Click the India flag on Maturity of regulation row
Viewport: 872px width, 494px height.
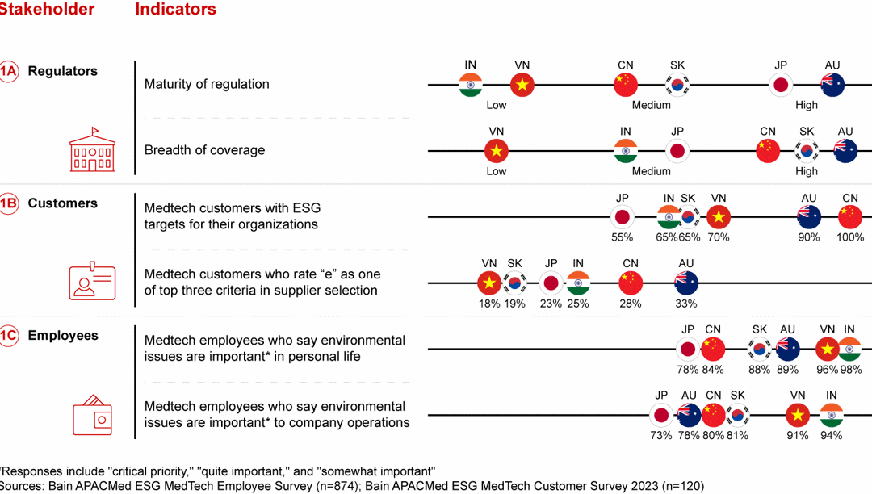[471, 84]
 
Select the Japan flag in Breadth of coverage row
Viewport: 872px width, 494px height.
[677, 151]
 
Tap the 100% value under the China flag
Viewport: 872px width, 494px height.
[849, 237]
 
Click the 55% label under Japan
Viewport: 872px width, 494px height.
[622, 237]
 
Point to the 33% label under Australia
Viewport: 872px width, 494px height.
[685, 304]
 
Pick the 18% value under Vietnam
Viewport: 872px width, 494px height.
[488, 304]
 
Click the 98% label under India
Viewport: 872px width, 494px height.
[849, 370]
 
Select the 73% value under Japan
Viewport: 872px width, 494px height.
[660, 436]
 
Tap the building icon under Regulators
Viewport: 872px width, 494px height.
[93, 150]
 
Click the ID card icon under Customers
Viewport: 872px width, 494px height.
[92, 283]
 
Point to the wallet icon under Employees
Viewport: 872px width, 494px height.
[93, 416]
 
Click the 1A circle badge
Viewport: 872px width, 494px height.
[7, 71]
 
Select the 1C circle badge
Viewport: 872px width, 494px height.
[7, 336]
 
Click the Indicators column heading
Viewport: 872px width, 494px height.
[175, 10]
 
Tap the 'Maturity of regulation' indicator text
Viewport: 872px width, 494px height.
[207, 84]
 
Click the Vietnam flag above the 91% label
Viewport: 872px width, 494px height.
[798, 415]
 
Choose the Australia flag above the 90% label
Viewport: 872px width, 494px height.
[809, 216]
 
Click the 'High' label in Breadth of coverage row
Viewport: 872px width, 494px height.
[806, 171]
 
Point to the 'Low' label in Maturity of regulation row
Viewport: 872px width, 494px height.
[497, 105]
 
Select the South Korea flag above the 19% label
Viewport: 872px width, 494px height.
[514, 283]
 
